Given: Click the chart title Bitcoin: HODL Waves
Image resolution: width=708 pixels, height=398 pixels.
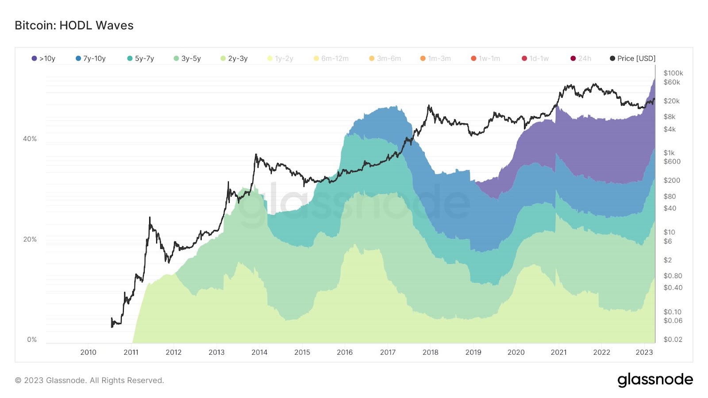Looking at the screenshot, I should (x=74, y=25).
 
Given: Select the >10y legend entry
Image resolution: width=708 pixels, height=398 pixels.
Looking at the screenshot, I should (x=44, y=58).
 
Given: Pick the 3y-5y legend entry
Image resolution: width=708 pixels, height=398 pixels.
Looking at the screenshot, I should (x=187, y=58).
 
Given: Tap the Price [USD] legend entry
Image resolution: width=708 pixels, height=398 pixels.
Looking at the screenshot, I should (x=633, y=58).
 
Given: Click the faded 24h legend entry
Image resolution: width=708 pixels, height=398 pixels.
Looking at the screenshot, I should (x=581, y=58).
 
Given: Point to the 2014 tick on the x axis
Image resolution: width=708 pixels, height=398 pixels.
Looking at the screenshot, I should (x=259, y=352).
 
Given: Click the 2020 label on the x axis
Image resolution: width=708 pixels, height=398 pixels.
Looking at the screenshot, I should (x=516, y=352).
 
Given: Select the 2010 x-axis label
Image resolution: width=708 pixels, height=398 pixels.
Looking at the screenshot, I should (x=88, y=352).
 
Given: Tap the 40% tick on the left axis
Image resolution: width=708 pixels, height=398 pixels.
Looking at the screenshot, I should (x=30, y=139).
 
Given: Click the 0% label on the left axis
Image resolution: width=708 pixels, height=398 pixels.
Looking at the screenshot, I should (x=32, y=340).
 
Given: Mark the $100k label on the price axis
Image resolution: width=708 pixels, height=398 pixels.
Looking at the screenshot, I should (x=673, y=73).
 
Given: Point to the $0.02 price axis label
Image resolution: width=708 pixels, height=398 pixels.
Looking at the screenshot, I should (x=673, y=340).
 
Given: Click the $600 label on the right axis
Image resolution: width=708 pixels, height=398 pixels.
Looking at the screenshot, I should (x=672, y=161).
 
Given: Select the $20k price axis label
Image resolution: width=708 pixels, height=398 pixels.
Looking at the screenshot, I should (x=671, y=101).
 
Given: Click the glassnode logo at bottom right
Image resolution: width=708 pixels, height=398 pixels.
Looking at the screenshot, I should (x=655, y=380).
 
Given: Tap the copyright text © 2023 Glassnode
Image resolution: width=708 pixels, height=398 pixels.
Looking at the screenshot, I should (x=89, y=380).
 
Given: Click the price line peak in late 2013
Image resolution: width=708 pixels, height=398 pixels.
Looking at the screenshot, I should (x=256, y=155).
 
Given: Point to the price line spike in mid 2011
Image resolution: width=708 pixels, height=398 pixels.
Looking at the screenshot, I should (x=150, y=218).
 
